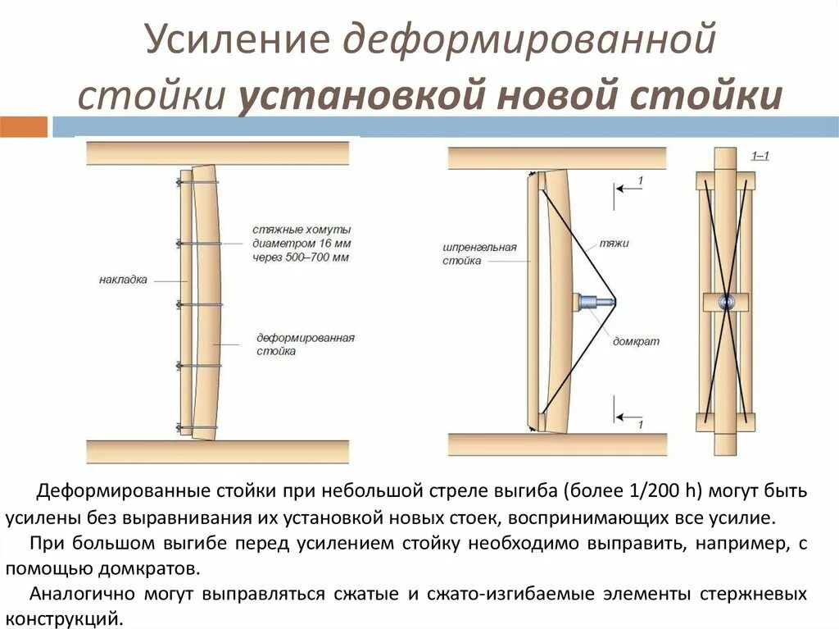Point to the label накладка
(x=123, y=280)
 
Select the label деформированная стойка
(x=305, y=344)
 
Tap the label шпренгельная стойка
(x=478, y=253)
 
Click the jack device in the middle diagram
(x=594, y=302)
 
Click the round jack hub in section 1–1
(x=725, y=302)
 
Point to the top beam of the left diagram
(x=217, y=153)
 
